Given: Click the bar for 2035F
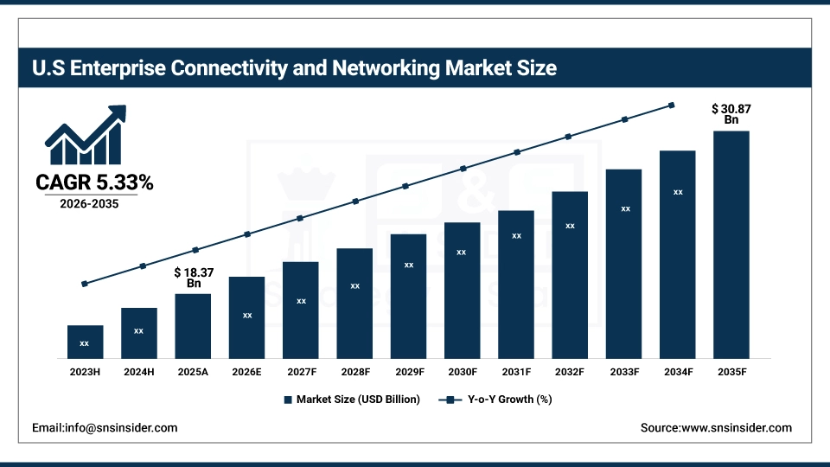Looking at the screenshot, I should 731,245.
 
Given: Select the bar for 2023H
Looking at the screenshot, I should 85,342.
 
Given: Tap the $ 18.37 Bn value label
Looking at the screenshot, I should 193,278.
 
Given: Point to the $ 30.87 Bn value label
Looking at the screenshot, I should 731,114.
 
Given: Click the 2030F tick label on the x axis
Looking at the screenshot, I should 463,372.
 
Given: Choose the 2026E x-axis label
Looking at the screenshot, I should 246,372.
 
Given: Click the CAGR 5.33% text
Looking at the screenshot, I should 94,182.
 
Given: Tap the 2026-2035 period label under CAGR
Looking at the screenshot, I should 90,205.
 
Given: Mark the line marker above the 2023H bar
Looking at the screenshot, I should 85,284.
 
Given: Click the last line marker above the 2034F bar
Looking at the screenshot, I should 672,106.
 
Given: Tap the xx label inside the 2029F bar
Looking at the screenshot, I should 409,265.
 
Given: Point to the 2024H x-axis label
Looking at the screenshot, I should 138,372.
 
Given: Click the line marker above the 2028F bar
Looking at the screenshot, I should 354,202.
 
